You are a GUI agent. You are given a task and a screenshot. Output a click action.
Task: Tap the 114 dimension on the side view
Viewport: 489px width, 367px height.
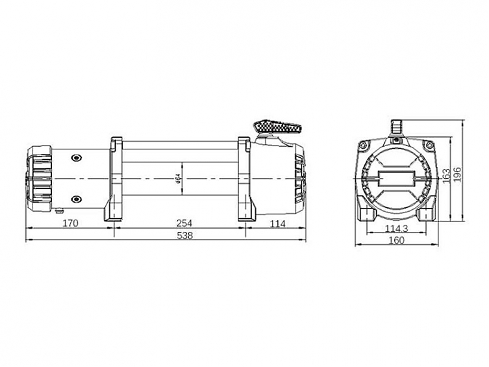[278, 223]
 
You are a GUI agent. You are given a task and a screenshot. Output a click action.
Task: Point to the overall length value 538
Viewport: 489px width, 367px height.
[186, 236]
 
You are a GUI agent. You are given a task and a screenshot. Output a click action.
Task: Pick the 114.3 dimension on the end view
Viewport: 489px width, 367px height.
[396, 228]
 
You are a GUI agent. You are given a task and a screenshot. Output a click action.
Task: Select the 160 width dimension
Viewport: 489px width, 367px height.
[396, 240]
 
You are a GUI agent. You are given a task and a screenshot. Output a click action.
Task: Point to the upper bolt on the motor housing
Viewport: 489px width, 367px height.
[77, 157]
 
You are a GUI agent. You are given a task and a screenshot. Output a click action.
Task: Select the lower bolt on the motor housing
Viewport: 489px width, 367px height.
[77, 199]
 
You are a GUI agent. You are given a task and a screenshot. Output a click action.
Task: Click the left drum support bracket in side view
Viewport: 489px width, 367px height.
[115, 179]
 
